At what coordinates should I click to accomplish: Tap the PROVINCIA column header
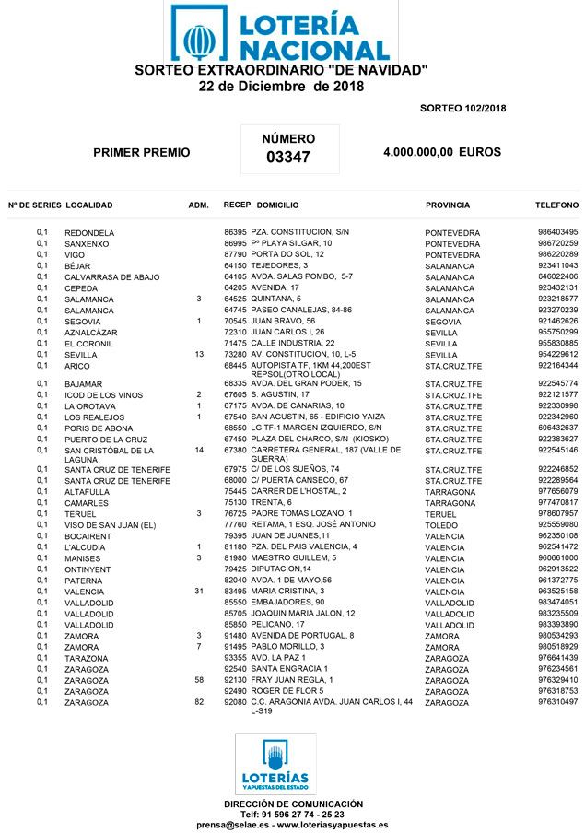click(x=448, y=205)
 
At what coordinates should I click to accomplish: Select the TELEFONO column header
click(x=556, y=205)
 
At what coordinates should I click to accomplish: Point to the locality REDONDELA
click(x=89, y=233)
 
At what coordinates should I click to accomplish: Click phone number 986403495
click(x=557, y=232)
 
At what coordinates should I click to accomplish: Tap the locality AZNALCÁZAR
click(x=91, y=333)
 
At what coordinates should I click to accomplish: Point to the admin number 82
click(x=199, y=702)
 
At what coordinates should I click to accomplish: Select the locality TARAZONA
click(x=86, y=659)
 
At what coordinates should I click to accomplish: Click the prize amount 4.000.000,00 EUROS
click(x=441, y=152)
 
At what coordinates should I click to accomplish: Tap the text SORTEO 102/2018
click(x=462, y=109)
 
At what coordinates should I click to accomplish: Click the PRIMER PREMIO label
click(x=142, y=153)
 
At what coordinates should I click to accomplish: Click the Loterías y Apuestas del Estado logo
click(x=274, y=764)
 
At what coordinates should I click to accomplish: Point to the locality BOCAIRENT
click(x=88, y=536)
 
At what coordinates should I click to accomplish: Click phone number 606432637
click(x=557, y=428)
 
